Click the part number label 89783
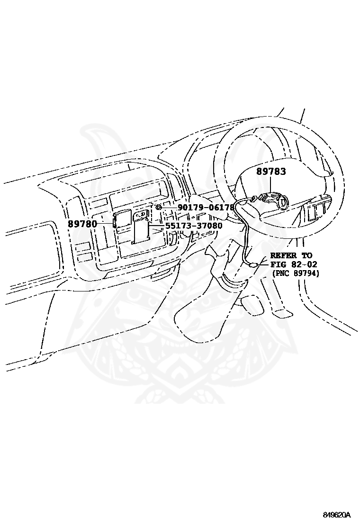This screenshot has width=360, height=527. pos(271,172)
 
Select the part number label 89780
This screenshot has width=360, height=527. pos(82,224)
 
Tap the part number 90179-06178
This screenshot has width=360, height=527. pos(206,208)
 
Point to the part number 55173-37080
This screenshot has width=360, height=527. pos(194,226)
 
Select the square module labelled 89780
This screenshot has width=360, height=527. pos(123,219)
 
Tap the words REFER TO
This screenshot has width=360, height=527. pos(291,255)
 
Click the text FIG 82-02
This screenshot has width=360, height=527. pos(294,264)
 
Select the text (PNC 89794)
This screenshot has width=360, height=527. pos(296,273)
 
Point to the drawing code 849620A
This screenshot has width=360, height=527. pos(337,515)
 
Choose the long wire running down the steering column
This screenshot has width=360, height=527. pos(247,232)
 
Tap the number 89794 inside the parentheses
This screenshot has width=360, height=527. pos(305,273)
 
